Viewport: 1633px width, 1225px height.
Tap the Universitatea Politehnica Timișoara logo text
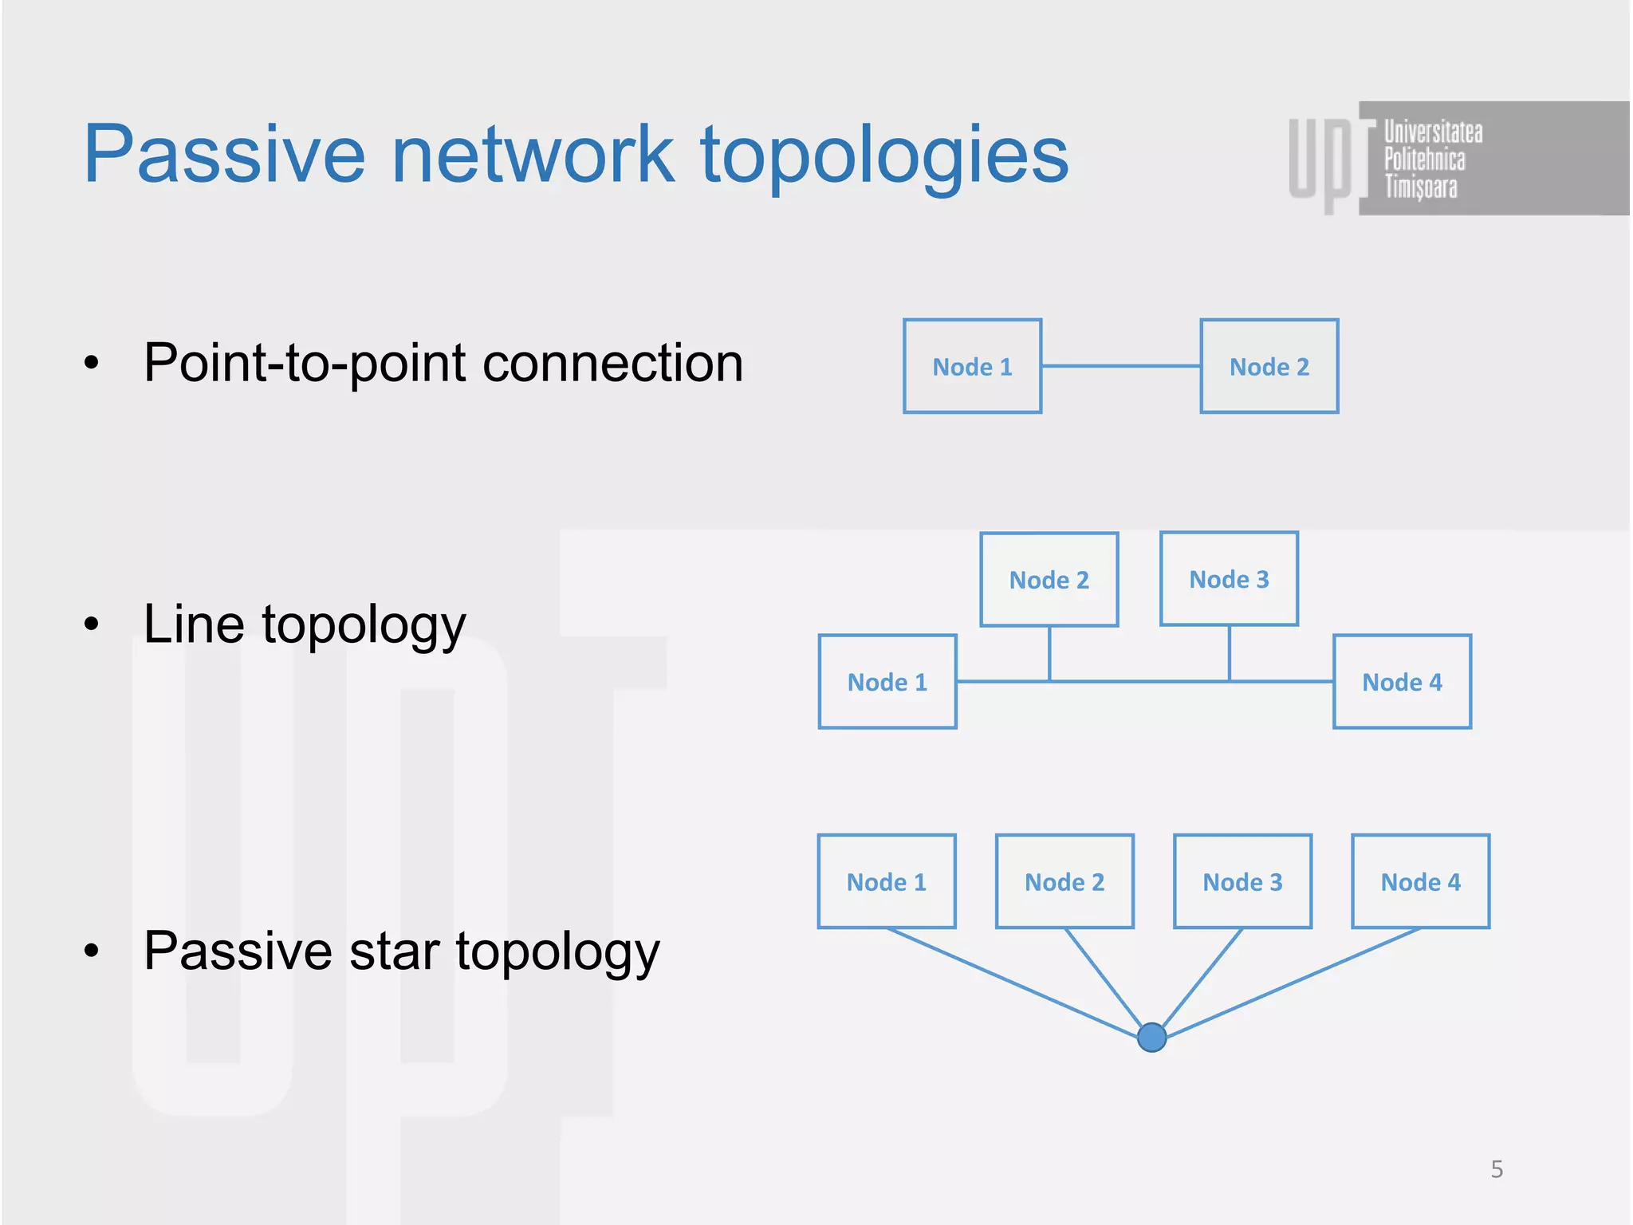(x=1430, y=159)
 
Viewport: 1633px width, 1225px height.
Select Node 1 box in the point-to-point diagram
(x=972, y=367)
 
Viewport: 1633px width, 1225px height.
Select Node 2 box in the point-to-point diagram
(x=1269, y=367)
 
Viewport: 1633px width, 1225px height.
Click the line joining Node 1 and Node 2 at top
(x=1120, y=366)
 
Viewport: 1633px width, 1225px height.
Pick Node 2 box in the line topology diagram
(x=1049, y=580)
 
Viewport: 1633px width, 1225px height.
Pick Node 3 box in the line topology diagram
(x=1229, y=579)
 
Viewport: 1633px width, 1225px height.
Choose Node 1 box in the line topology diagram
(x=887, y=682)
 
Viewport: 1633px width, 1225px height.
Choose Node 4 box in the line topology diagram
(x=1402, y=682)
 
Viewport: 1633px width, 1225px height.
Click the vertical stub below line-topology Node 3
(x=1229, y=653)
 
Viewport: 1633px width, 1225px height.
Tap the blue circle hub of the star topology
(x=1151, y=1037)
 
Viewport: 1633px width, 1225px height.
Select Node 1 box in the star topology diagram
(x=886, y=882)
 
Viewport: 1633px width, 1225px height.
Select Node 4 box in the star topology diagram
(x=1420, y=882)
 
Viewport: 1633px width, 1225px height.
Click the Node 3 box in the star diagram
(x=1242, y=882)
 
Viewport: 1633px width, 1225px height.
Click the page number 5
(x=1497, y=1169)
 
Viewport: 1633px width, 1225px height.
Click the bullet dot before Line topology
(x=92, y=624)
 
